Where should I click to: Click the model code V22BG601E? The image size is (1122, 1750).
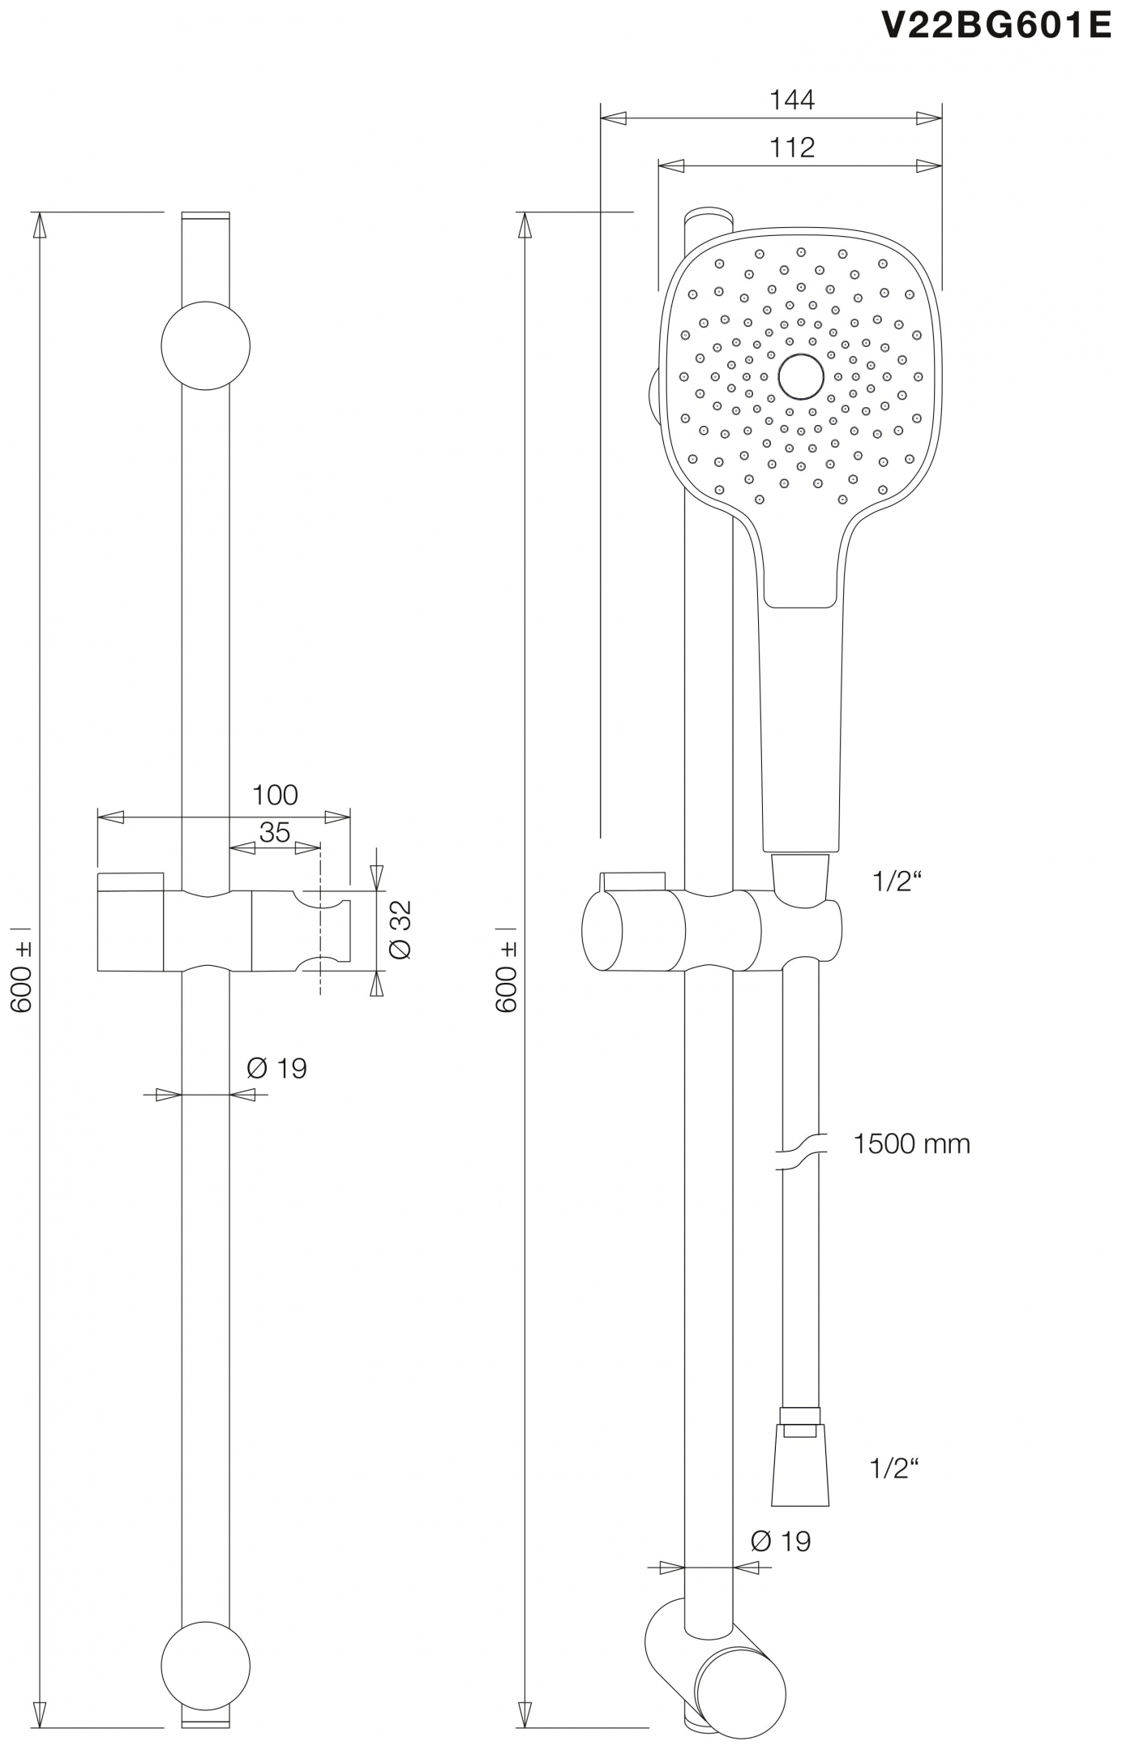(996, 26)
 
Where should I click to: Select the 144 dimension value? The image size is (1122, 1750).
(791, 100)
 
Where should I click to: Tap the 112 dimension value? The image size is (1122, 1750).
(791, 148)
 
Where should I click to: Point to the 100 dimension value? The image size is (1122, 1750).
(275, 795)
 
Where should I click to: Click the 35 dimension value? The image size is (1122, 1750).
(275, 832)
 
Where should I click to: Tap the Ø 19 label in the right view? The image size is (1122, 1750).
(781, 1541)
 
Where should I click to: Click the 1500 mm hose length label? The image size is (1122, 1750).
(911, 1144)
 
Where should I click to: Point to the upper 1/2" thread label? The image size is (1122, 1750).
(897, 881)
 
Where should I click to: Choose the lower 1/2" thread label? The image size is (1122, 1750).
(894, 1468)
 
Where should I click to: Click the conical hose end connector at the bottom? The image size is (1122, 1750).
(800, 1468)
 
